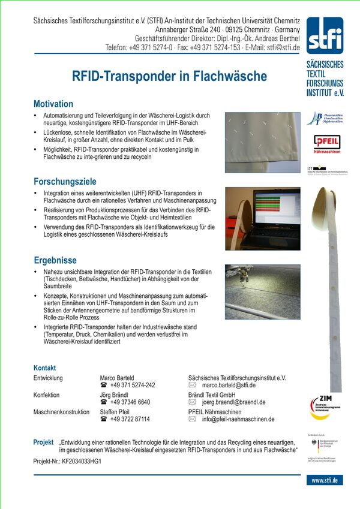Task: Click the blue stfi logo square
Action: [x=325, y=35]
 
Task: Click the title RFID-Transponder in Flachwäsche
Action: [x=169, y=76]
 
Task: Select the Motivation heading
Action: [x=53, y=104]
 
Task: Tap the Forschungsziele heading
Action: [x=65, y=181]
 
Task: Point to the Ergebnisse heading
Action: [x=55, y=260]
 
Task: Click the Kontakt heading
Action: [x=45, y=368]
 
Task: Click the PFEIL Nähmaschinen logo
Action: [x=326, y=143]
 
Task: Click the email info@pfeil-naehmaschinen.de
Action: [x=238, y=419]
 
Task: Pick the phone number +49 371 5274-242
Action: [x=133, y=385]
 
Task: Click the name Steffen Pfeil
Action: [x=117, y=412]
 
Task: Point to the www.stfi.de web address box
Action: [x=325, y=480]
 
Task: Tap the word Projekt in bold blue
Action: [x=43, y=442]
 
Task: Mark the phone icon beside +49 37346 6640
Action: [x=104, y=402]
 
